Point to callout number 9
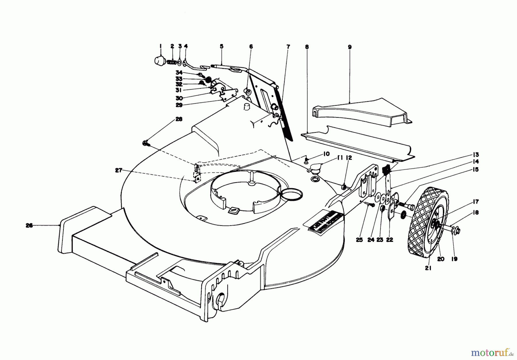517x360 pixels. click(x=350, y=47)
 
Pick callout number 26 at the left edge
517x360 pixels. click(x=29, y=226)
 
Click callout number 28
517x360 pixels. click(x=179, y=119)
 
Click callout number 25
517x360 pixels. click(x=360, y=240)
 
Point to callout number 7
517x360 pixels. click(x=288, y=46)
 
